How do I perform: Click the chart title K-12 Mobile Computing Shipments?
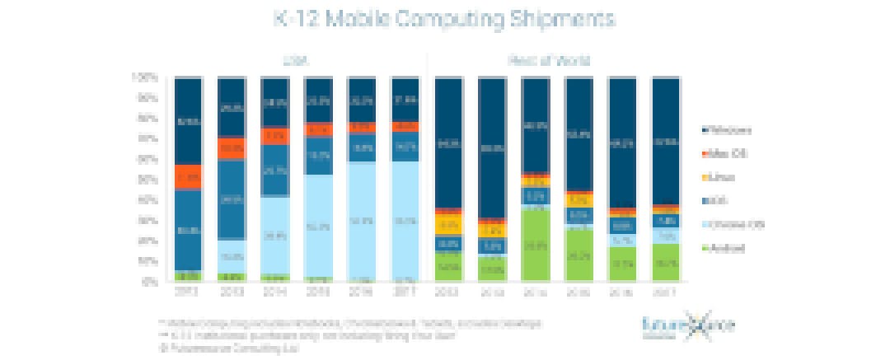coord(445,18)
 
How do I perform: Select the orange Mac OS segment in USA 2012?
coord(189,177)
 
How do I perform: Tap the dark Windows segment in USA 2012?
coord(189,121)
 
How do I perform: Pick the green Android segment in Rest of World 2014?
coord(535,245)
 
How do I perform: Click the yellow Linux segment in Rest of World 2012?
coord(448,224)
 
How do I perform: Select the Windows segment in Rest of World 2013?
coord(492,148)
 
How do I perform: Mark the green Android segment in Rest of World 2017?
coord(665,263)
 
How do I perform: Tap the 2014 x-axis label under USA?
coord(274,292)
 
